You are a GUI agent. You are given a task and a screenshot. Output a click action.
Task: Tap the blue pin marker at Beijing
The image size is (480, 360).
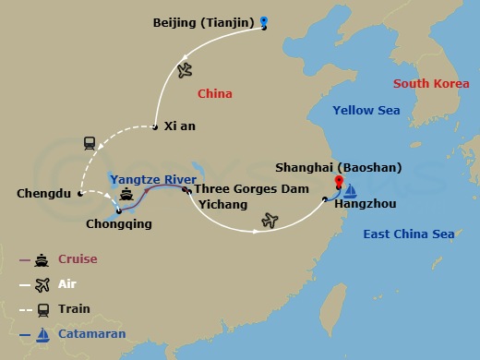click(264, 22)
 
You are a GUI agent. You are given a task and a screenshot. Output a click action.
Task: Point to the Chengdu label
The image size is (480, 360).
click(43, 194)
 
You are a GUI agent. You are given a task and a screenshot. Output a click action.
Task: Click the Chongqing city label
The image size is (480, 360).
click(118, 223)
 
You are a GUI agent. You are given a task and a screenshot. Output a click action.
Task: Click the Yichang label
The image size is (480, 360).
click(222, 204)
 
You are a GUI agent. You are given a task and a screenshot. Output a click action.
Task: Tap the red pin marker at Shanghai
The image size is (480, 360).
click(339, 181)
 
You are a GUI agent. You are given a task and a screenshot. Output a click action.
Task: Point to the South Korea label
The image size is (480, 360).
click(431, 84)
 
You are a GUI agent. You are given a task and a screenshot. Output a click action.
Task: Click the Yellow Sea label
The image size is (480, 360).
click(366, 111)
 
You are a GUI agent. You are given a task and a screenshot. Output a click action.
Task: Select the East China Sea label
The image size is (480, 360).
click(408, 234)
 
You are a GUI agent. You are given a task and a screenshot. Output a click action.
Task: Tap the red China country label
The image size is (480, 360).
click(214, 93)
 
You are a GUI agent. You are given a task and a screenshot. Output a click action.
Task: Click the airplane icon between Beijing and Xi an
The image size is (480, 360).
click(185, 69)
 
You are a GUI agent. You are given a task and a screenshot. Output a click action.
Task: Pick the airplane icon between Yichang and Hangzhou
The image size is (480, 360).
click(270, 220)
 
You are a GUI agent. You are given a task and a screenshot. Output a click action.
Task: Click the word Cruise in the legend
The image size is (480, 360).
click(78, 259)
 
